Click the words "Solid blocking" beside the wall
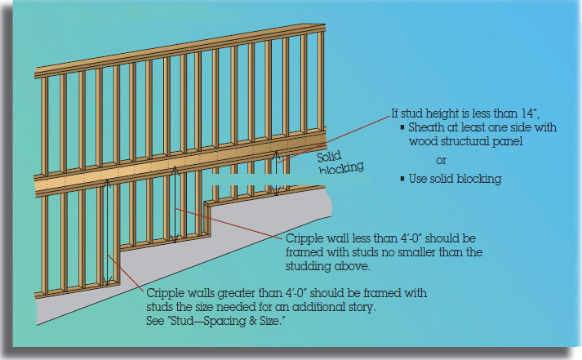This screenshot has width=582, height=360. [x=340, y=163]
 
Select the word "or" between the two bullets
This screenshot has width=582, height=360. [x=441, y=161]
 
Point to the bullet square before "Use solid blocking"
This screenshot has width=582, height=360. [x=402, y=179]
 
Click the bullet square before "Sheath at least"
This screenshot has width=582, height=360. [x=402, y=127]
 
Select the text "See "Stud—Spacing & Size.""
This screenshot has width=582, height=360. [x=216, y=321]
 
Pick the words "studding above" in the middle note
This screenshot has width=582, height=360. [x=328, y=266]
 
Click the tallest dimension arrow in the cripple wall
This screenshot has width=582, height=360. [x=107, y=233]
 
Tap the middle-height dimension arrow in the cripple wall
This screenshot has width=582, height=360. [x=175, y=205]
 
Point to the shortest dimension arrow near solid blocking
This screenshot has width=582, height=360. [x=276, y=173]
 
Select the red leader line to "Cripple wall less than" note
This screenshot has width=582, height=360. [x=230, y=222]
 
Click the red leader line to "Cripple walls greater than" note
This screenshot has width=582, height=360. [x=126, y=273]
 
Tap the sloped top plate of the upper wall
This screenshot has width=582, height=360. [x=180, y=51]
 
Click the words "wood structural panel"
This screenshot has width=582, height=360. [x=465, y=141]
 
